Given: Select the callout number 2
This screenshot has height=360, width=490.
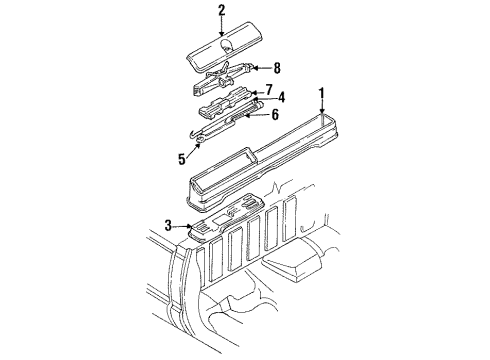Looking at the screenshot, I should [x=222, y=11].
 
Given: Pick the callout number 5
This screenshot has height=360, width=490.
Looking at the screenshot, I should [x=181, y=157].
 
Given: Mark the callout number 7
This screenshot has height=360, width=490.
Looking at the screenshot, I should [x=267, y=88].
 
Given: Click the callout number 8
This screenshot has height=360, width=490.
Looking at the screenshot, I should [x=278, y=68].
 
